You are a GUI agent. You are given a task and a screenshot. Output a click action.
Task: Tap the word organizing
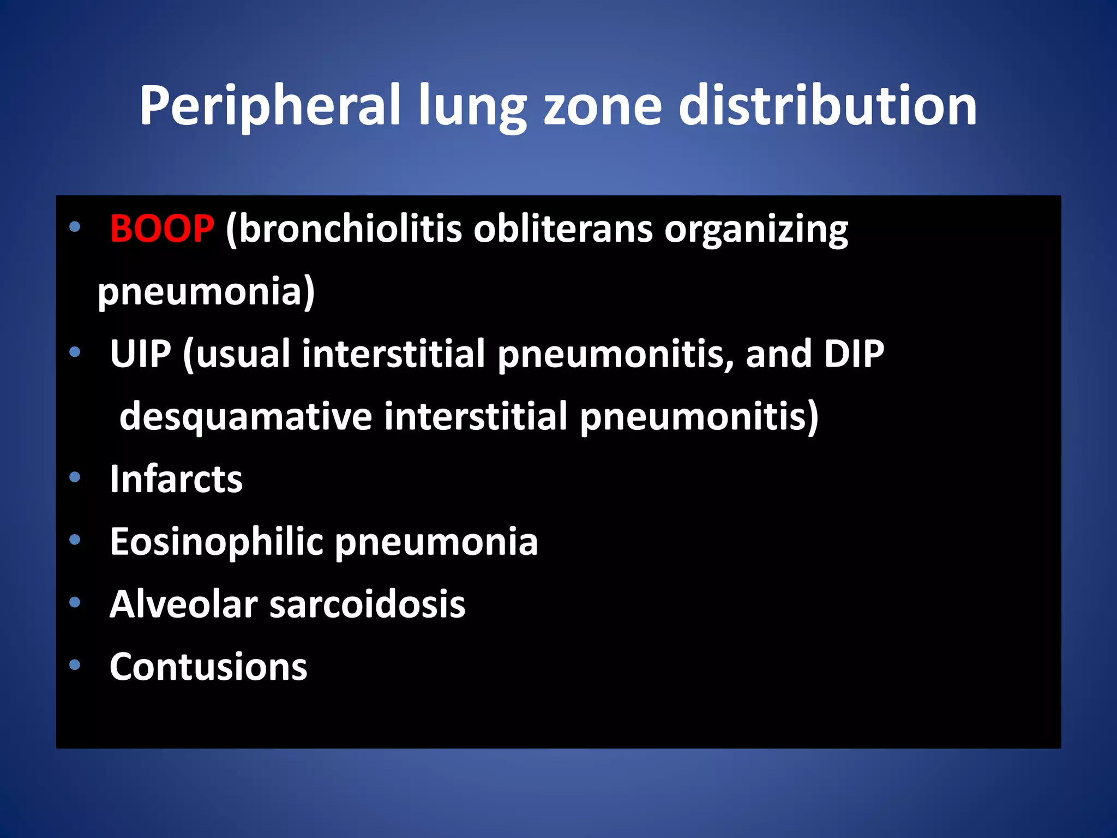(756, 229)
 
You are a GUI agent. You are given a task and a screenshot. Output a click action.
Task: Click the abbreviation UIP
(140, 354)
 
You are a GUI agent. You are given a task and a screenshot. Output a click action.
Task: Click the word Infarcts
(176, 479)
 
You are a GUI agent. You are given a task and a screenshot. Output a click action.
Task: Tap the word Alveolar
(183, 604)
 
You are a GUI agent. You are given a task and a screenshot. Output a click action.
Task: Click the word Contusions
(208, 667)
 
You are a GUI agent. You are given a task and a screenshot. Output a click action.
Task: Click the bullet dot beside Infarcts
(75, 478)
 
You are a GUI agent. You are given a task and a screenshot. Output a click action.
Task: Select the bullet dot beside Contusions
(75, 665)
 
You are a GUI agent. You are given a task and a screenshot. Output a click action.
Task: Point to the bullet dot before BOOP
(75, 226)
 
